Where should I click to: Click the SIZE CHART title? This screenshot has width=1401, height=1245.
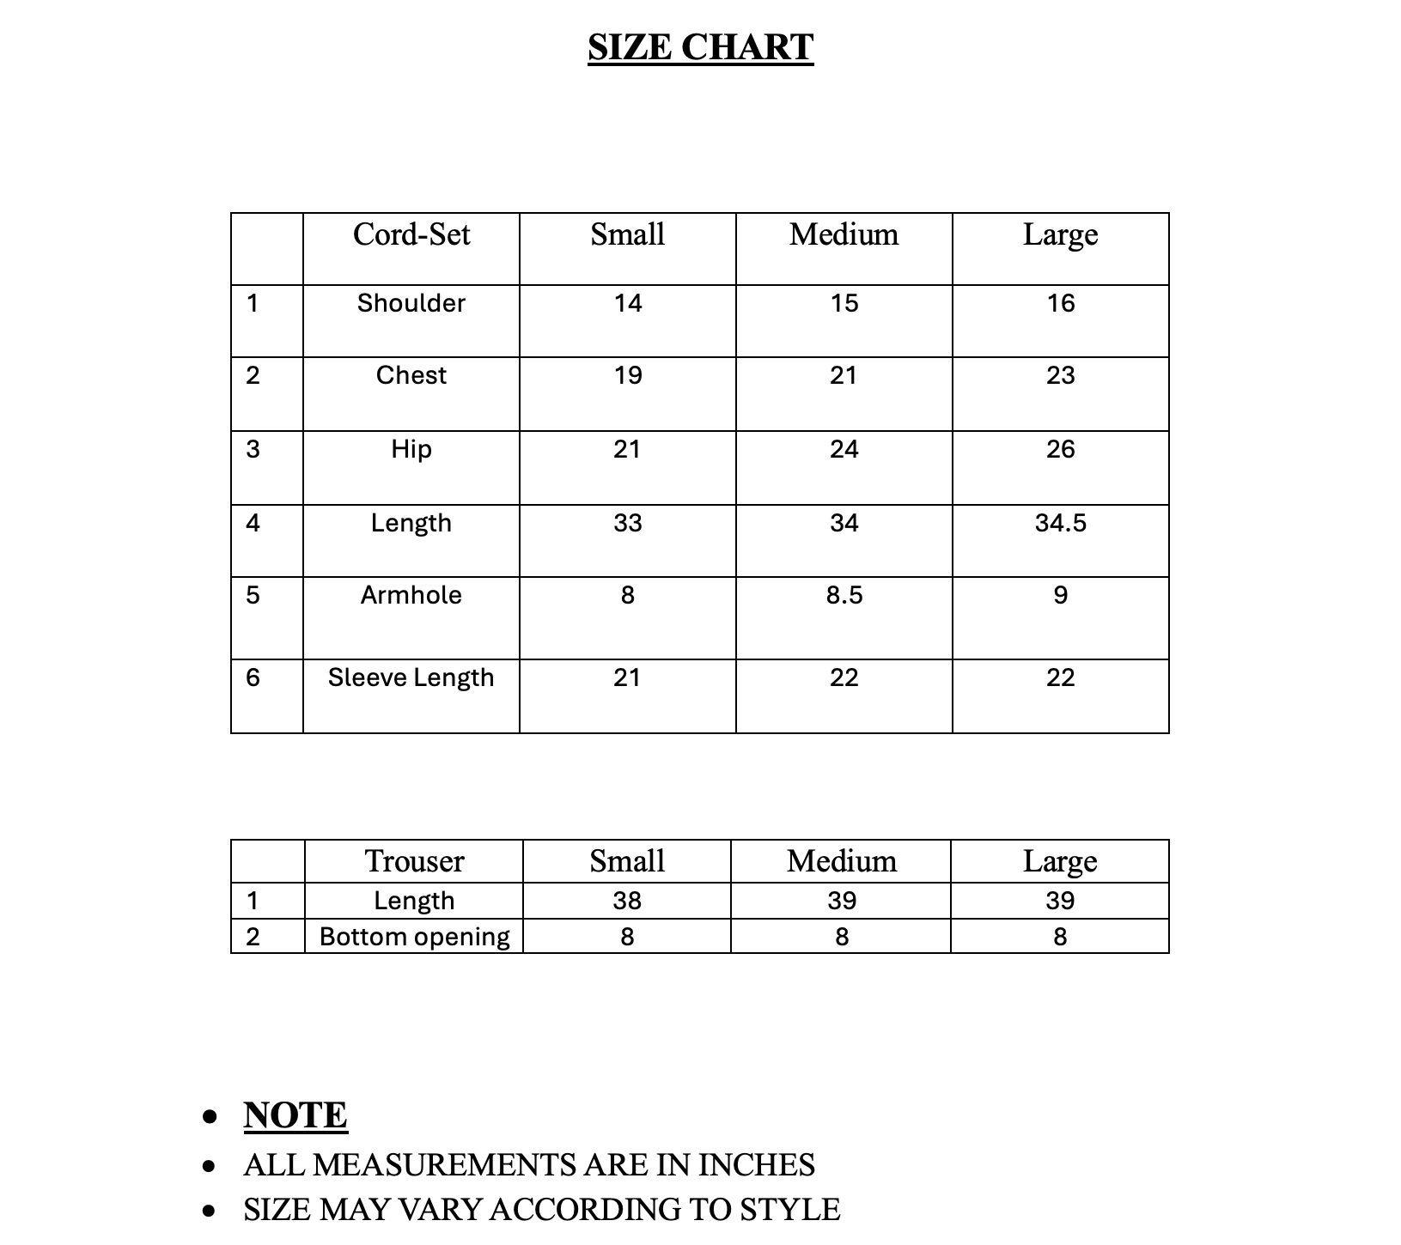click(x=700, y=47)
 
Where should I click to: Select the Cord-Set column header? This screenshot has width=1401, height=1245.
click(x=411, y=234)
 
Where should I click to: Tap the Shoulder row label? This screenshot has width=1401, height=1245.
click(x=411, y=303)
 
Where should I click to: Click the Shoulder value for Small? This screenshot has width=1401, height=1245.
click(x=628, y=303)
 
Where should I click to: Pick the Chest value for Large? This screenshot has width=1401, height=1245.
click(x=1060, y=375)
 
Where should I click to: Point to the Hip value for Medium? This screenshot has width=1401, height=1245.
click(x=844, y=449)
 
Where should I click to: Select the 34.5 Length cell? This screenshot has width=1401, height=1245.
click(x=1060, y=523)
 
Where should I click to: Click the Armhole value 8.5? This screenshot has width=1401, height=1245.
click(x=844, y=595)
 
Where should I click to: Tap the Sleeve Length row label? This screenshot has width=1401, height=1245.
click(x=411, y=677)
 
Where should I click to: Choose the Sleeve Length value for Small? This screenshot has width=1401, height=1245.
click(x=628, y=677)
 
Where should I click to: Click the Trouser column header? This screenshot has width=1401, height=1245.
click(x=414, y=861)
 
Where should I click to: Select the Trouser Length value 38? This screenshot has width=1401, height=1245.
click(x=627, y=901)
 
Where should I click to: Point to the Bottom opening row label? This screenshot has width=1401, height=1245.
click(x=414, y=937)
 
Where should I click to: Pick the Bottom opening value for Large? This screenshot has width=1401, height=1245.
click(x=1060, y=937)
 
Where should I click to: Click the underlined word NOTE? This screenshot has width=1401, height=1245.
click(x=295, y=1115)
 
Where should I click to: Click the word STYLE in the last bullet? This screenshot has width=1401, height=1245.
click(x=790, y=1210)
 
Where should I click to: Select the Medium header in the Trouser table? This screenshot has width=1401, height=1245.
click(x=842, y=861)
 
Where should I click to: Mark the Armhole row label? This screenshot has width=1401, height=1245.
click(x=411, y=595)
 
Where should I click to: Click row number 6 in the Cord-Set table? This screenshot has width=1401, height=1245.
click(x=253, y=677)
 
